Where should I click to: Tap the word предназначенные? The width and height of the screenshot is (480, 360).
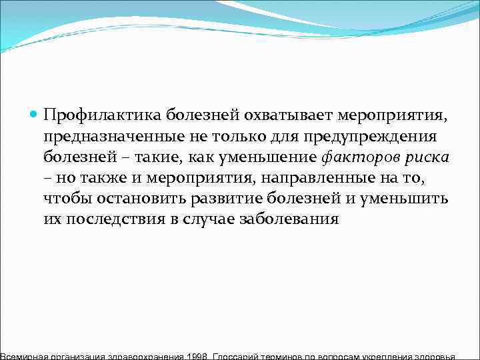(105, 137)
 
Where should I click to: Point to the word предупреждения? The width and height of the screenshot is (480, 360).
(373, 137)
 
